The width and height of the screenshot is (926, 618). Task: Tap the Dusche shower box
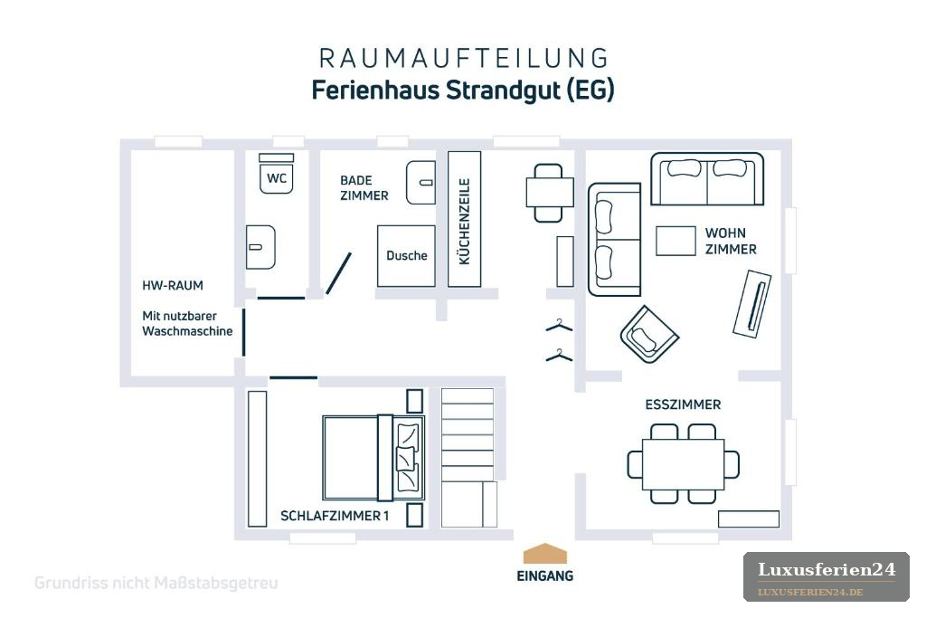(x=406, y=256)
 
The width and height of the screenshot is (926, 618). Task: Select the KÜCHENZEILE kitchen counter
(x=464, y=219)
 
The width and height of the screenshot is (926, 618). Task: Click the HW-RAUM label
(x=173, y=285)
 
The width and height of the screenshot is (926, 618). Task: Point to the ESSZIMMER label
(x=683, y=404)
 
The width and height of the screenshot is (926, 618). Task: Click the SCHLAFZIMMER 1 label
(x=335, y=516)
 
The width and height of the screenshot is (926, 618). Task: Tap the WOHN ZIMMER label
(x=731, y=241)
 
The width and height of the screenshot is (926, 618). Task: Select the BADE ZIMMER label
(x=364, y=188)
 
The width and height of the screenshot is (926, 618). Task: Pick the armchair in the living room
(x=649, y=334)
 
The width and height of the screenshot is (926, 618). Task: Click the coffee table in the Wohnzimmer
(x=676, y=241)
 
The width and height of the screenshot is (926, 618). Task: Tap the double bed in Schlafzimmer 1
(x=373, y=458)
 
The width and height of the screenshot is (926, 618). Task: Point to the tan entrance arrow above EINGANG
(x=545, y=554)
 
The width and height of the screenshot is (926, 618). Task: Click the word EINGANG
(x=545, y=576)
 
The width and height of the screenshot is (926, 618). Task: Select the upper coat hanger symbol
(x=559, y=326)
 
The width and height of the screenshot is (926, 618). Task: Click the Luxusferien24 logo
(x=827, y=577)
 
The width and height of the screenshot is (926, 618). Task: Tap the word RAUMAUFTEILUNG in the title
(x=464, y=59)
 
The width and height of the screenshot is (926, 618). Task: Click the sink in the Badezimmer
(x=420, y=183)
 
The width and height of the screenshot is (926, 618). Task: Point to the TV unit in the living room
(x=751, y=304)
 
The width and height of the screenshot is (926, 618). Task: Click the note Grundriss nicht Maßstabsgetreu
(x=156, y=583)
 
